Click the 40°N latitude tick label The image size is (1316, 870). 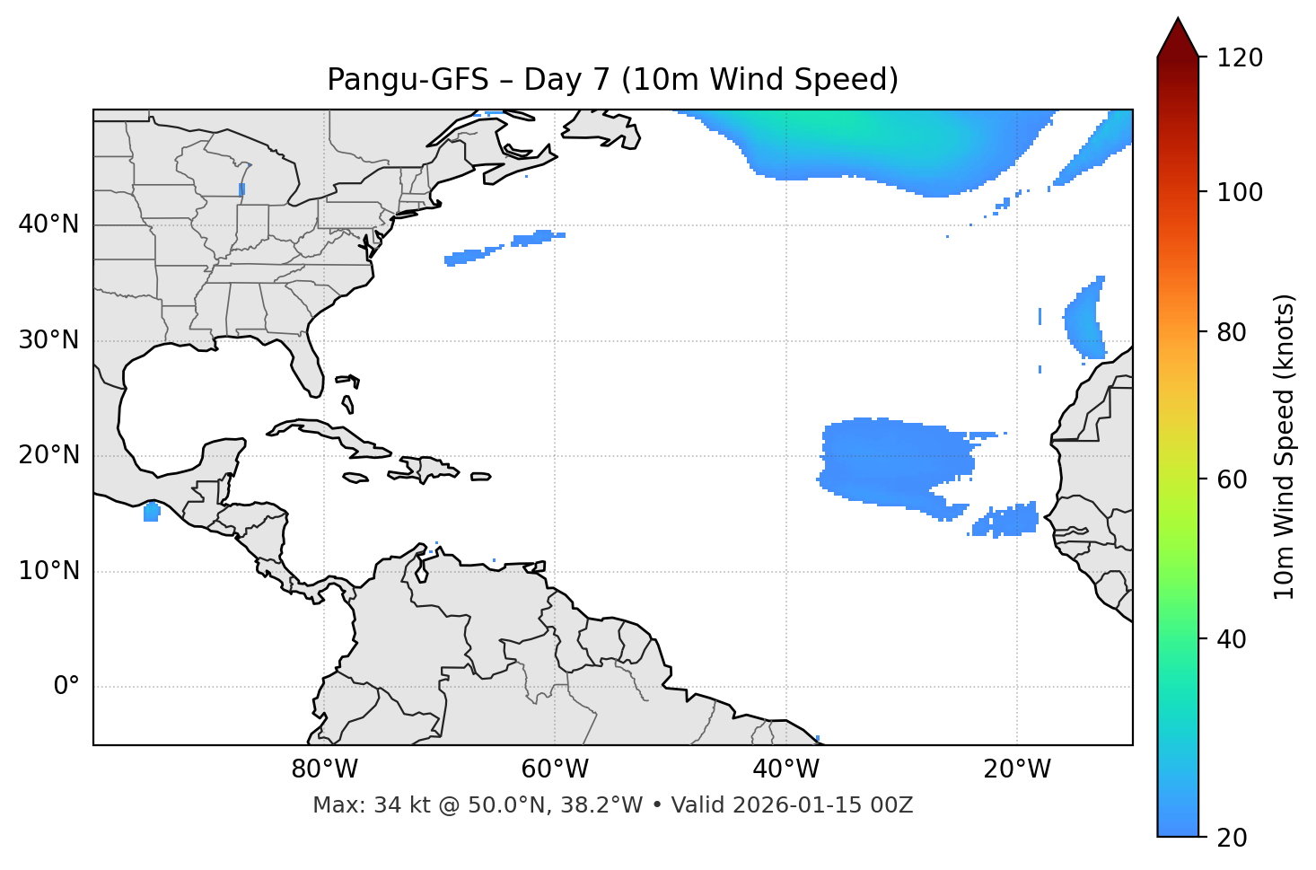(x=48, y=224)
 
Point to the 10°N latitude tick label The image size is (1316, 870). (x=48, y=571)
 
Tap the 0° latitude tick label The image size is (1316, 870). (x=66, y=687)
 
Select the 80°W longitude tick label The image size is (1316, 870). (x=324, y=769)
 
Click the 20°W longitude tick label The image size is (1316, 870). (x=1017, y=769)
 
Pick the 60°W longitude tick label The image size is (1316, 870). (x=555, y=769)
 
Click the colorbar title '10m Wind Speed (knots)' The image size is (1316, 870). (x=1285, y=447)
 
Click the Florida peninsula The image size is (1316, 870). (x=309, y=364)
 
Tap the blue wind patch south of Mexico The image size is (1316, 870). (x=151, y=513)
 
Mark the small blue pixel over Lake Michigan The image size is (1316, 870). (x=242, y=189)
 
